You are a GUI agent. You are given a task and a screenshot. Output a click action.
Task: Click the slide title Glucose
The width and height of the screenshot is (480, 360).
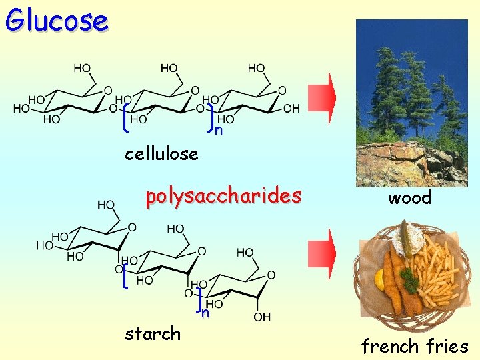[x=57, y=20]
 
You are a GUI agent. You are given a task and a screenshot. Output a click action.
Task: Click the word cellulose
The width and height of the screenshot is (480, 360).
[x=161, y=154]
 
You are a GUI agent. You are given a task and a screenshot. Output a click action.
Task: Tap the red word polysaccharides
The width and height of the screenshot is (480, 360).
[x=223, y=197]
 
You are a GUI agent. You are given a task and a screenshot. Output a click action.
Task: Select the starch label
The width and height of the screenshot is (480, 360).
[x=153, y=333]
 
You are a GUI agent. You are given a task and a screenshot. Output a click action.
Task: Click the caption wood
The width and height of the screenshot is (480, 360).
[x=410, y=197]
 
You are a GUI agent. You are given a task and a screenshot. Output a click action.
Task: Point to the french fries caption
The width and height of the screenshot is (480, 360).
[x=415, y=346]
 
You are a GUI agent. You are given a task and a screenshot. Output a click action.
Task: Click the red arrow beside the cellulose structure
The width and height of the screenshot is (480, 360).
[x=322, y=98]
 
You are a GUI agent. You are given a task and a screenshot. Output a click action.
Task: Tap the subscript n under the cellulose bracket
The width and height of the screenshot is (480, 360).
[x=218, y=130]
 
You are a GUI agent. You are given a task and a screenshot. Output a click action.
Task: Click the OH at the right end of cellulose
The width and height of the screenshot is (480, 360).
[x=291, y=109]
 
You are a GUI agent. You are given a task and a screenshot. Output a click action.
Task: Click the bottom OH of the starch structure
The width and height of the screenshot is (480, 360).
[x=262, y=317]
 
